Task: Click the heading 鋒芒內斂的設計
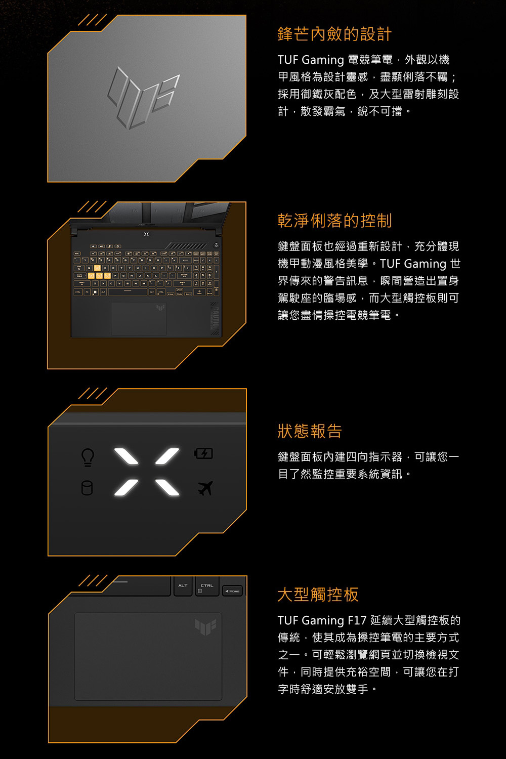[x=334, y=34]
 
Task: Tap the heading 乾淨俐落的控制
[x=334, y=221]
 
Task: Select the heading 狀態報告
[x=310, y=431]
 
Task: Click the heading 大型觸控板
[x=318, y=595]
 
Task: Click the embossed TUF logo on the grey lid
[x=143, y=98]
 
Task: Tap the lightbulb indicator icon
[x=88, y=457]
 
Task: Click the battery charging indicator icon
[x=203, y=453]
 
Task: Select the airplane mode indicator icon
[x=205, y=488]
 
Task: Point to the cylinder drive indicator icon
[x=87, y=488]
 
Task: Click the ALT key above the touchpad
[x=183, y=585]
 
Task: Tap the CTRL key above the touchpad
[x=207, y=586]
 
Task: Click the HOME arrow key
[x=232, y=591]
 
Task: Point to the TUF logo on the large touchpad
[x=205, y=626]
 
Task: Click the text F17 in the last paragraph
[x=357, y=620]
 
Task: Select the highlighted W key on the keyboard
[x=98, y=268]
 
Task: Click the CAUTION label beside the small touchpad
[x=216, y=318]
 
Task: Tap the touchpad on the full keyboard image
[x=139, y=318]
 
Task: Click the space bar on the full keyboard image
[x=128, y=292]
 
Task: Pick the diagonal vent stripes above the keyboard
[x=187, y=245]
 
